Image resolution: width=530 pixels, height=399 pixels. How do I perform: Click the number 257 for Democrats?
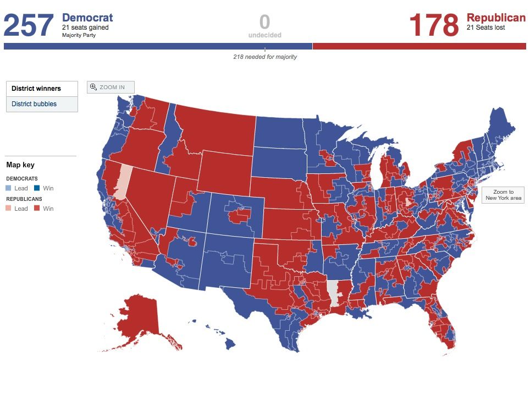click(29, 25)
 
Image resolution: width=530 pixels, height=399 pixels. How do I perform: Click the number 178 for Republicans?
click(434, 25)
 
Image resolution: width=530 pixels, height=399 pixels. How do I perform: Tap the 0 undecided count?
click(264, 23)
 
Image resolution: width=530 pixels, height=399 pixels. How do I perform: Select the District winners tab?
click(36, 89)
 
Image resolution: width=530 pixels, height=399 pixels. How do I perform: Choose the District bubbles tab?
click(34, 104)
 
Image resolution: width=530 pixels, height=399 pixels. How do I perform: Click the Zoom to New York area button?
click(503, 195)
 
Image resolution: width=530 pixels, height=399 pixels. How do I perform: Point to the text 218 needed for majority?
click(265, 57)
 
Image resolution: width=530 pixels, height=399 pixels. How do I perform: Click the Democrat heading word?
click(87, 18)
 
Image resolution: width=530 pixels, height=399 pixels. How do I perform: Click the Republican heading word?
click(496, 18)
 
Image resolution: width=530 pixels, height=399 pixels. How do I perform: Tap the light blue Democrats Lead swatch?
click(9, 188)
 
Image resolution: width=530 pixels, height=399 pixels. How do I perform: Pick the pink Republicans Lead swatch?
click(9, 209)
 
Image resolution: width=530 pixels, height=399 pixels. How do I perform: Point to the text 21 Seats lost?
click(486, 28)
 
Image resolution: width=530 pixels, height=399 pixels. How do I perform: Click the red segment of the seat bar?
click(418, 46)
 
